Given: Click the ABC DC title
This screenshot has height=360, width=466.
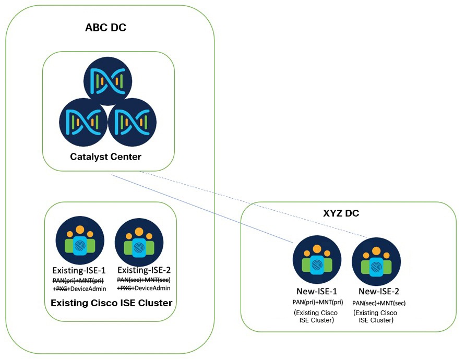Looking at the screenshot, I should point(105,28).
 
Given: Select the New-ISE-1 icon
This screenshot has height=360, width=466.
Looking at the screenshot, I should point(317,259).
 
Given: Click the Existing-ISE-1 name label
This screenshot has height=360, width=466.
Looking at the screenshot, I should point(79,271).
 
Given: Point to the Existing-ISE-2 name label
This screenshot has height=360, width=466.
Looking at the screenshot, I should point(144,270).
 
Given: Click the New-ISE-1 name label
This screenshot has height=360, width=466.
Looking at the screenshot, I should point(317,291).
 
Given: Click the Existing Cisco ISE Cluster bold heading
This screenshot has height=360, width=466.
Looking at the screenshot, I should point(111,303).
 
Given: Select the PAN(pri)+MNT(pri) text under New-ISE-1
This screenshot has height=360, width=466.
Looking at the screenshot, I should point(317,302).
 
